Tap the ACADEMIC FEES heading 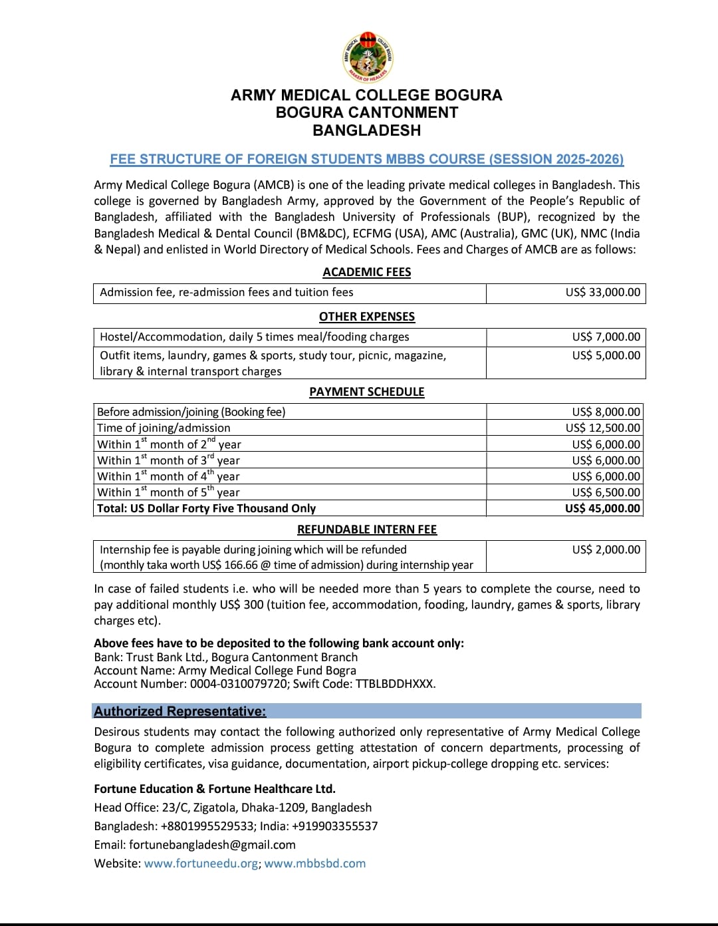366,272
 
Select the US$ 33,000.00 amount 602,292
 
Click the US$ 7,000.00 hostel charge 606,337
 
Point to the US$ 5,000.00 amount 606,355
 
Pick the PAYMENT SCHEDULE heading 366,392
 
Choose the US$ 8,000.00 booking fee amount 606,412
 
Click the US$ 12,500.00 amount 602,428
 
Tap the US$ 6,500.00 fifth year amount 606,492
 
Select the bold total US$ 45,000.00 602,508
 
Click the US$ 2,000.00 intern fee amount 606,549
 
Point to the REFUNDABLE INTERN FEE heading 366,530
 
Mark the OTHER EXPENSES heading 366,317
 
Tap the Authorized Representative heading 179,711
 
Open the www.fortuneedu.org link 201,863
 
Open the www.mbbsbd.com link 314,863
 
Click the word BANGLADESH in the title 366,130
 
